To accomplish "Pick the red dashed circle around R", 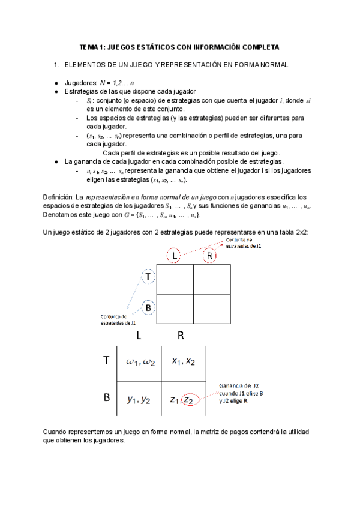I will (209, 256).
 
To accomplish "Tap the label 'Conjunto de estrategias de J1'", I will (118, 319).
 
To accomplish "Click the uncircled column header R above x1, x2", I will (180, 336).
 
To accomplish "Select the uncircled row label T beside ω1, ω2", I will (106, 361).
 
